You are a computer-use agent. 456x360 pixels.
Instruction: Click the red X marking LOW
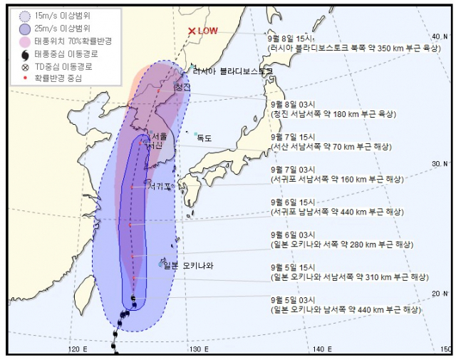tap(191, 31)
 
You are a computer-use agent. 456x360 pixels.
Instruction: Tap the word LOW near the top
tap(208, 31)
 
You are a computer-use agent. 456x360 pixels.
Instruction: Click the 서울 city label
tap(160, 135)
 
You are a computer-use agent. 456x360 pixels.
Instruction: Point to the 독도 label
tap(204, 138)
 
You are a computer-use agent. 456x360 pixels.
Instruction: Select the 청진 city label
tap(182, 87)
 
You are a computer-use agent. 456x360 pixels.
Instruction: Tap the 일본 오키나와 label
tap(189, 265)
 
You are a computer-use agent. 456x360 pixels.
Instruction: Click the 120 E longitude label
tap(78, 349)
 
